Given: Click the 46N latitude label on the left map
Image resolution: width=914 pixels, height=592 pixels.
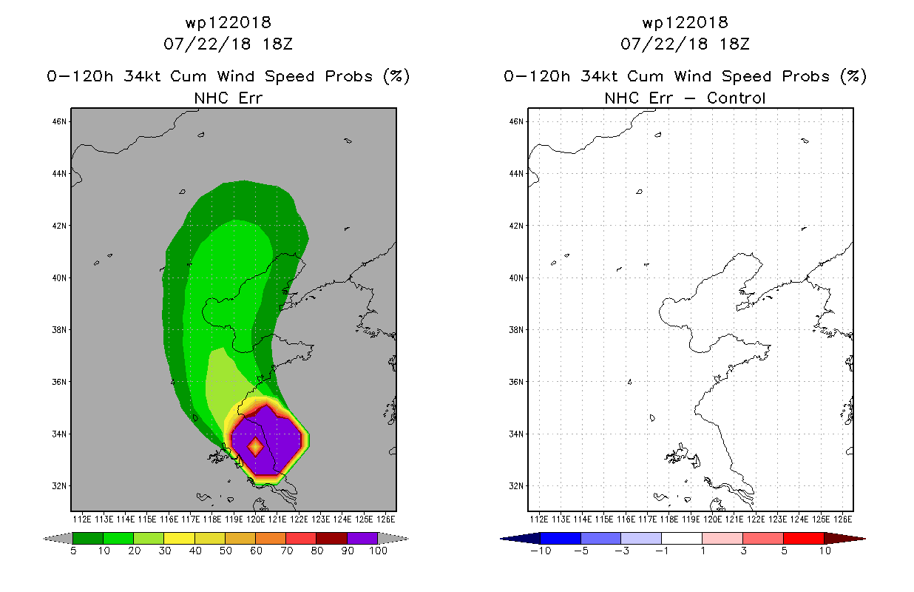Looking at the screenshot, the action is (58, 121).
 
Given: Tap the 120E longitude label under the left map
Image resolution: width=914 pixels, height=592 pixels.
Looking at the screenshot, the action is (255, 519).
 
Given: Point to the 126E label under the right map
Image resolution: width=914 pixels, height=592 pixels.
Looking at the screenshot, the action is (842, 519).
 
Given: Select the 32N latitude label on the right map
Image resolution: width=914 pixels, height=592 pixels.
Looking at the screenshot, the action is (515, 486).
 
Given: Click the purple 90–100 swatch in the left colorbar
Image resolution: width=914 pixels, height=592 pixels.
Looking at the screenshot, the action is (362, 538).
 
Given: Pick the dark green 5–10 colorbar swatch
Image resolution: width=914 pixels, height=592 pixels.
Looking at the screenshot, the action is (88, 538).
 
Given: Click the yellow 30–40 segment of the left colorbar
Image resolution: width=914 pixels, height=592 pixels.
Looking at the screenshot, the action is (179, 538).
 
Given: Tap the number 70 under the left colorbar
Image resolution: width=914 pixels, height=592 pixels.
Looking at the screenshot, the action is (286, 551).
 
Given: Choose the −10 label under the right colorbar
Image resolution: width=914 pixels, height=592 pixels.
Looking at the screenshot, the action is (541, 551).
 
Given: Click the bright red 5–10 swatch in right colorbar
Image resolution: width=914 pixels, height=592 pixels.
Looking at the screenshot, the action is (804, 538).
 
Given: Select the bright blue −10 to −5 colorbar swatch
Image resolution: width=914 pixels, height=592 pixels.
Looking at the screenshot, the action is (561, 538).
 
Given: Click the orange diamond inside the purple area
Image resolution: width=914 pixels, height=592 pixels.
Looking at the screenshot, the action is (255, 447).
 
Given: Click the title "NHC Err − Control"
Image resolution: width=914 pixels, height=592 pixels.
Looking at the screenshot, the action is (685, 98).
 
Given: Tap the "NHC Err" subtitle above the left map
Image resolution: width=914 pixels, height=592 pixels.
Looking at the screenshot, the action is (228, 98).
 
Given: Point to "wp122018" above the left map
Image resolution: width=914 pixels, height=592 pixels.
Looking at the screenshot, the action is (228, 22).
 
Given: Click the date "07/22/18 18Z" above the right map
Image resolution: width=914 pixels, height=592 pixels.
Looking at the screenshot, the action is (685, 44).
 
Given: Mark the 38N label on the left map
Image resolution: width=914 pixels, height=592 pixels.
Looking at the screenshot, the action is (58, 330).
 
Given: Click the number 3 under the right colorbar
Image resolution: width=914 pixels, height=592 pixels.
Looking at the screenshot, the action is (743, 551).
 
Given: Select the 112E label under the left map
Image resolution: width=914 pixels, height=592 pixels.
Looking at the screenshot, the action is (81, 519).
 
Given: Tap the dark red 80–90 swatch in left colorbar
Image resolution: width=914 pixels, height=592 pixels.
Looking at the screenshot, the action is (332, 538).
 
